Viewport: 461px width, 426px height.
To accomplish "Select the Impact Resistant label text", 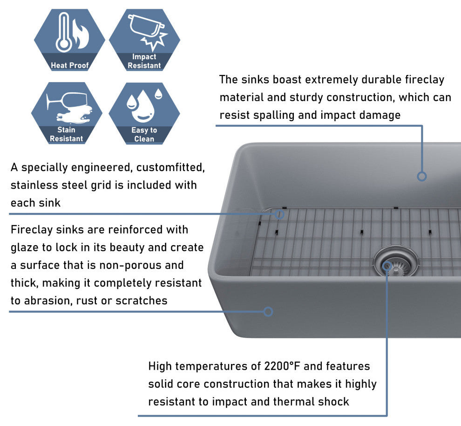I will pyautogui.click(x=144, y=61).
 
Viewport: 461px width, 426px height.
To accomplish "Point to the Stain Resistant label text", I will pyautogui.click(x=66, y=134).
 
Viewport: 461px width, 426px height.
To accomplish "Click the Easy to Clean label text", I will pyautogui.click(x=144, y=134).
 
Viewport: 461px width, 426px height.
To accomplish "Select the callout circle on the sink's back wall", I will pyautogui.click(x=421, y=176).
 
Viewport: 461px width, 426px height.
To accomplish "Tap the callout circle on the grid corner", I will pyautogui.click(x=279, y=214).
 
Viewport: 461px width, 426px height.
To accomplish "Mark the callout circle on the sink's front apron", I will pyautogui.click(x=268, y=311).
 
